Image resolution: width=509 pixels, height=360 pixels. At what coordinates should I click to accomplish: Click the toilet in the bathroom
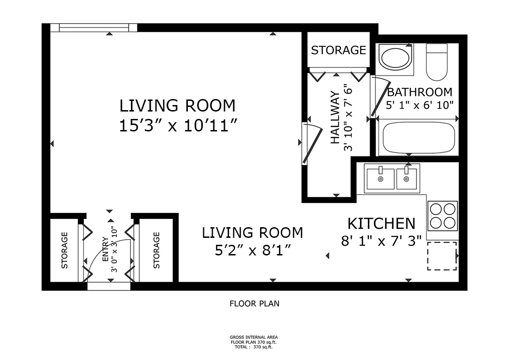tap(437, 62)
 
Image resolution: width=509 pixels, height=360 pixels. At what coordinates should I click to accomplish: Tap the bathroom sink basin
tap(395, 58)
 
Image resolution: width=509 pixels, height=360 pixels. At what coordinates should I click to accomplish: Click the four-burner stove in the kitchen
tap(442, 216)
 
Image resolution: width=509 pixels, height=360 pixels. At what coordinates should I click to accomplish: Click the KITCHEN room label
tap(381, 223)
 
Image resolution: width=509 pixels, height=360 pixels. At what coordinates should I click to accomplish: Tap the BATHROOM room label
tap(420, 92)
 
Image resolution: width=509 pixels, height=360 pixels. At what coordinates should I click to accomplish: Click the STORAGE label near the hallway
tap(339, 50)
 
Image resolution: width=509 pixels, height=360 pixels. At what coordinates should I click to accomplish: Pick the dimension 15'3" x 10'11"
tap(178, 125)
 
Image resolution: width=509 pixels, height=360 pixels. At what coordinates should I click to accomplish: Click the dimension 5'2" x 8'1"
tap(253, 250)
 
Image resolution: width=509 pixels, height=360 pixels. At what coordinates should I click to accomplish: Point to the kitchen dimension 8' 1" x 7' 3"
tap(381, 241)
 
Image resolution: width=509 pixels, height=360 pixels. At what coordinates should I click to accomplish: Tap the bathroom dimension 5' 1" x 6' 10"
tap(420, 105)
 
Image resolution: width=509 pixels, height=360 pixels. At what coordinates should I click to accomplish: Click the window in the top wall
tap(94, 28)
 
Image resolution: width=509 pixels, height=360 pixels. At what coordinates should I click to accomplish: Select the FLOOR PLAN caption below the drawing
tap(254, 304)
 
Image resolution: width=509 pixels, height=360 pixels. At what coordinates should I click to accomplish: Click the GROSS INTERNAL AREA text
tap(254, 337)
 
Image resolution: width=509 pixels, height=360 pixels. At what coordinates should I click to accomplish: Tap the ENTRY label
tap(106, 249)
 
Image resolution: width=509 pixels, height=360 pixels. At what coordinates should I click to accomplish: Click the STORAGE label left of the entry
tap(65, 250)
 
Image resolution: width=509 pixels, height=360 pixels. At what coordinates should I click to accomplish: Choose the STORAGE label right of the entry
tap(156, 250)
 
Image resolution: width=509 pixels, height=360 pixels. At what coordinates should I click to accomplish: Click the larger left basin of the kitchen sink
tap(381, 178)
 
